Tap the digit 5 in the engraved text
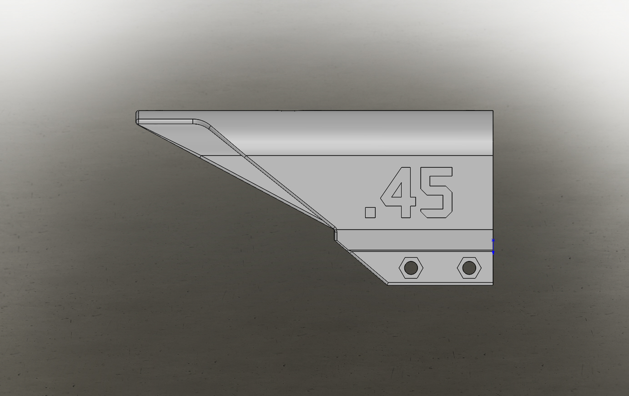pos(437,192)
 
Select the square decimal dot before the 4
pos(370,212)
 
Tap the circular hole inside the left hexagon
pos(411,268)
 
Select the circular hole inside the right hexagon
pos(469,268)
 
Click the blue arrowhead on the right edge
pos(493,253)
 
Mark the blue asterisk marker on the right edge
pos(493,240)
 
